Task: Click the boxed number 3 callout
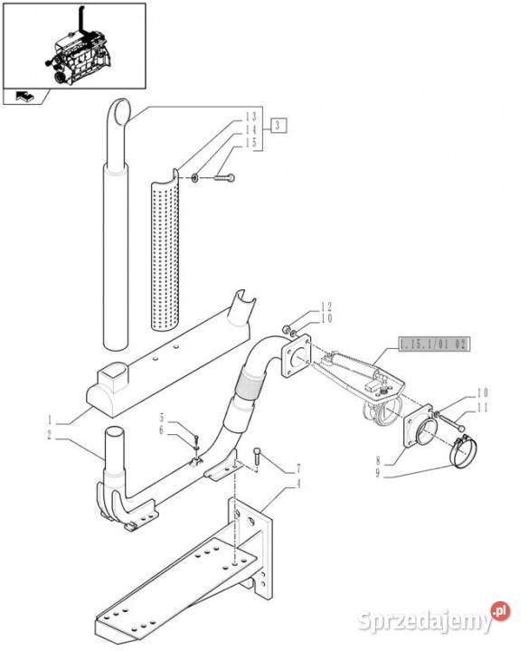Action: tap(278, 126)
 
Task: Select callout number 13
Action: tap(250, 117)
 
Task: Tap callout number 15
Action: tap(250, 143)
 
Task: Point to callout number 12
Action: tap(326, 307)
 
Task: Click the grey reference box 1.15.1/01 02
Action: tap(434, 344)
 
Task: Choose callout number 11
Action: tap(482, 408)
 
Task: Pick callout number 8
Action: tap(378, 460)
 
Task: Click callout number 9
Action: tap(378, 474)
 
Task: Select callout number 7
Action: tap(297, 470)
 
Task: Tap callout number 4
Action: tap(297, 484)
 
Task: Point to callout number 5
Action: tap(162, 417)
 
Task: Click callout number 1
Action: tap(50, 420)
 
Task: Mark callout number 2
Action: tap(50, 435)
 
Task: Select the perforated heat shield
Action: tap(165, 250)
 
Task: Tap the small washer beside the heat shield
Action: tap(194, 178)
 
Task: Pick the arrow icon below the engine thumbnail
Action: tap(25, 97)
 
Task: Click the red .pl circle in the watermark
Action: tap(501, 611)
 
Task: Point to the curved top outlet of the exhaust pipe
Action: tap(120, 110)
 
